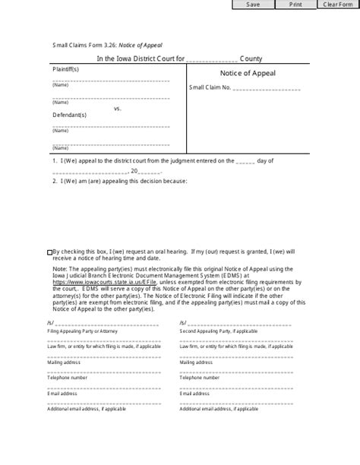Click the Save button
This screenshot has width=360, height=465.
click(x=253, y=5)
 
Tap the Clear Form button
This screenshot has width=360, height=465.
click(x=337, y=5)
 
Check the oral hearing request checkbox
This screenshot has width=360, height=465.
click(x=49, y=251)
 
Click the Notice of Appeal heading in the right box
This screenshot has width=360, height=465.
click(x=248, y=74)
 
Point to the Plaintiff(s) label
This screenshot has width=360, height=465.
click(x=65, y=69)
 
